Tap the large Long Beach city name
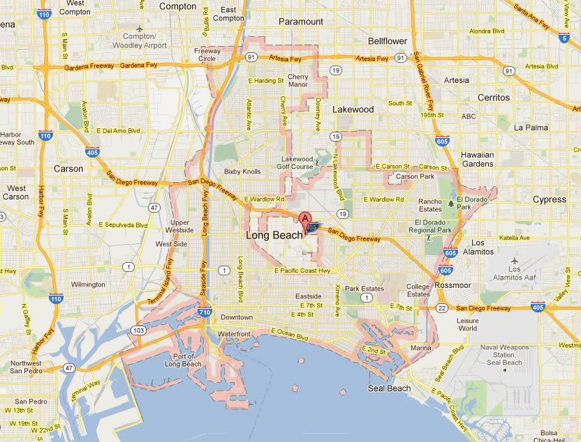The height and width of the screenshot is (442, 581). click(274, 236)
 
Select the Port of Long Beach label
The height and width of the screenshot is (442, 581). click(183, 360)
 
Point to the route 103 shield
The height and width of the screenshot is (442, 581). click(138, 329)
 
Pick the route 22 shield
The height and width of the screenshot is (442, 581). click(441, 307)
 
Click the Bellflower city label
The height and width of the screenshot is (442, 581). click(388, 41)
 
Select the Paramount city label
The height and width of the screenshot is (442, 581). click(301, 22)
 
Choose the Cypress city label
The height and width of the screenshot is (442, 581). click(550, 199)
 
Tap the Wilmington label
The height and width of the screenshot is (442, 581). click(87, 284)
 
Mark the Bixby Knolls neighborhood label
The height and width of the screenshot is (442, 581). click(242, 172)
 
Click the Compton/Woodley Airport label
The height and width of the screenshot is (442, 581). click(145, 40)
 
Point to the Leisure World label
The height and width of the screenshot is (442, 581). click(467, 324)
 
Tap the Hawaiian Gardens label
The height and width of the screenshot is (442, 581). click(478, 160)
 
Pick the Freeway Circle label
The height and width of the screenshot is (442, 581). click(207, 54)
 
